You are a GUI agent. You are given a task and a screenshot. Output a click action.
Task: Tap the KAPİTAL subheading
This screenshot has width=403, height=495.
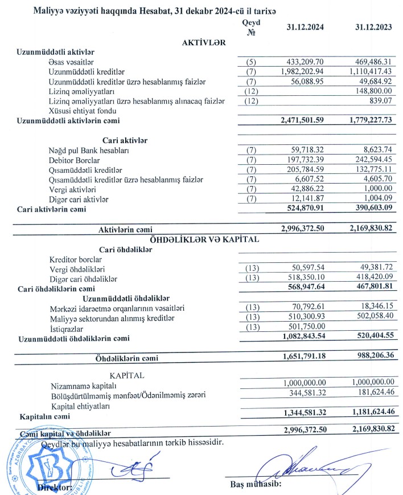click(x=127, y=376)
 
